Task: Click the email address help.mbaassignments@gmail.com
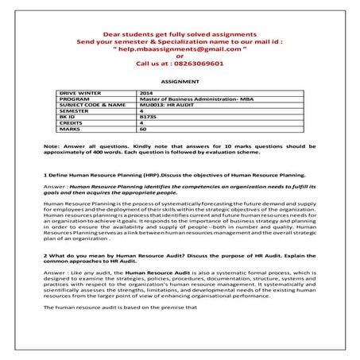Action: pyautogui.click(x=180, y=49)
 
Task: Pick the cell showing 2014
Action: pyautogui.click(x=145, y=93)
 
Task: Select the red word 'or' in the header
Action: pyautogui.click(x=180, y=57)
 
